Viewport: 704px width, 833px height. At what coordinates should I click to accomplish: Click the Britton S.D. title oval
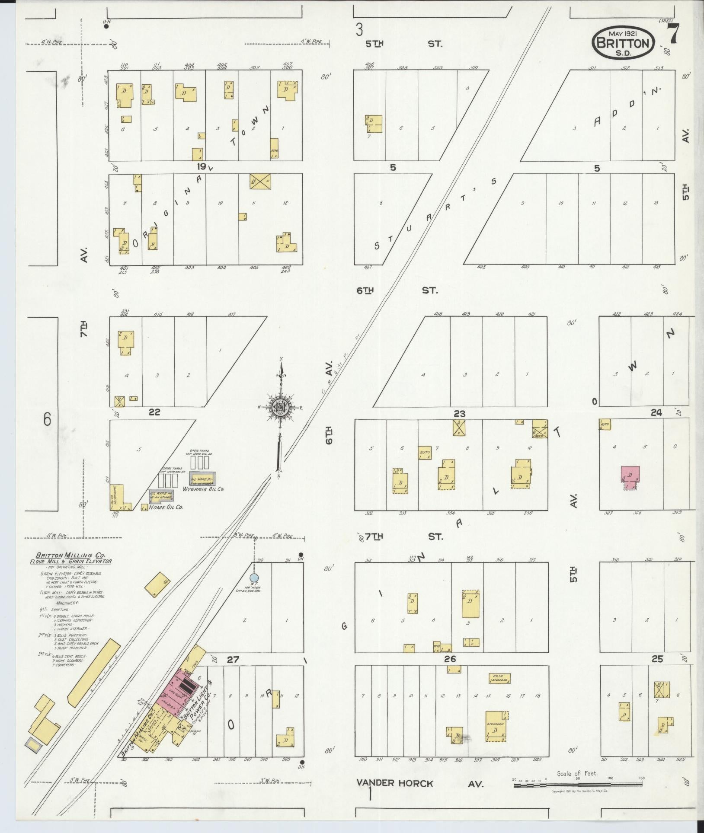pos(623,42)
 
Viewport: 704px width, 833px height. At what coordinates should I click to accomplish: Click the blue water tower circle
pos(255,577)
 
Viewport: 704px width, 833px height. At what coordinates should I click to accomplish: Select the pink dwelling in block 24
pos(630,475)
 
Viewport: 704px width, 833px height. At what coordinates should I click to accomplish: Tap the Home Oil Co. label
pos(166,507)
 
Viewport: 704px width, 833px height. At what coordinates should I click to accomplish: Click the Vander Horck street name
pos(394,784)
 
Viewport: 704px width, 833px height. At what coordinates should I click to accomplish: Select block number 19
pos(202,166)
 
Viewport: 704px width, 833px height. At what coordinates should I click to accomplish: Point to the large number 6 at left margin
pos(47,419)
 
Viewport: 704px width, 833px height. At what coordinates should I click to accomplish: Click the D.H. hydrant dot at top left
pos(106,26)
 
